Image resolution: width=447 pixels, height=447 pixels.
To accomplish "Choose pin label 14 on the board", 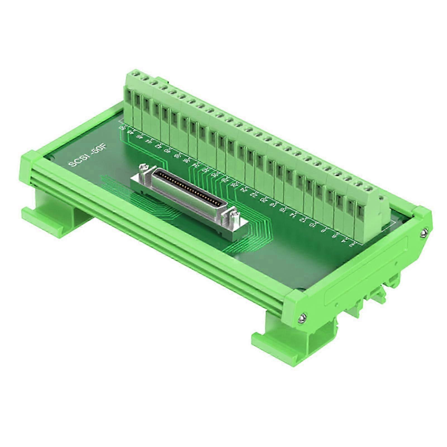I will click(293, 215).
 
